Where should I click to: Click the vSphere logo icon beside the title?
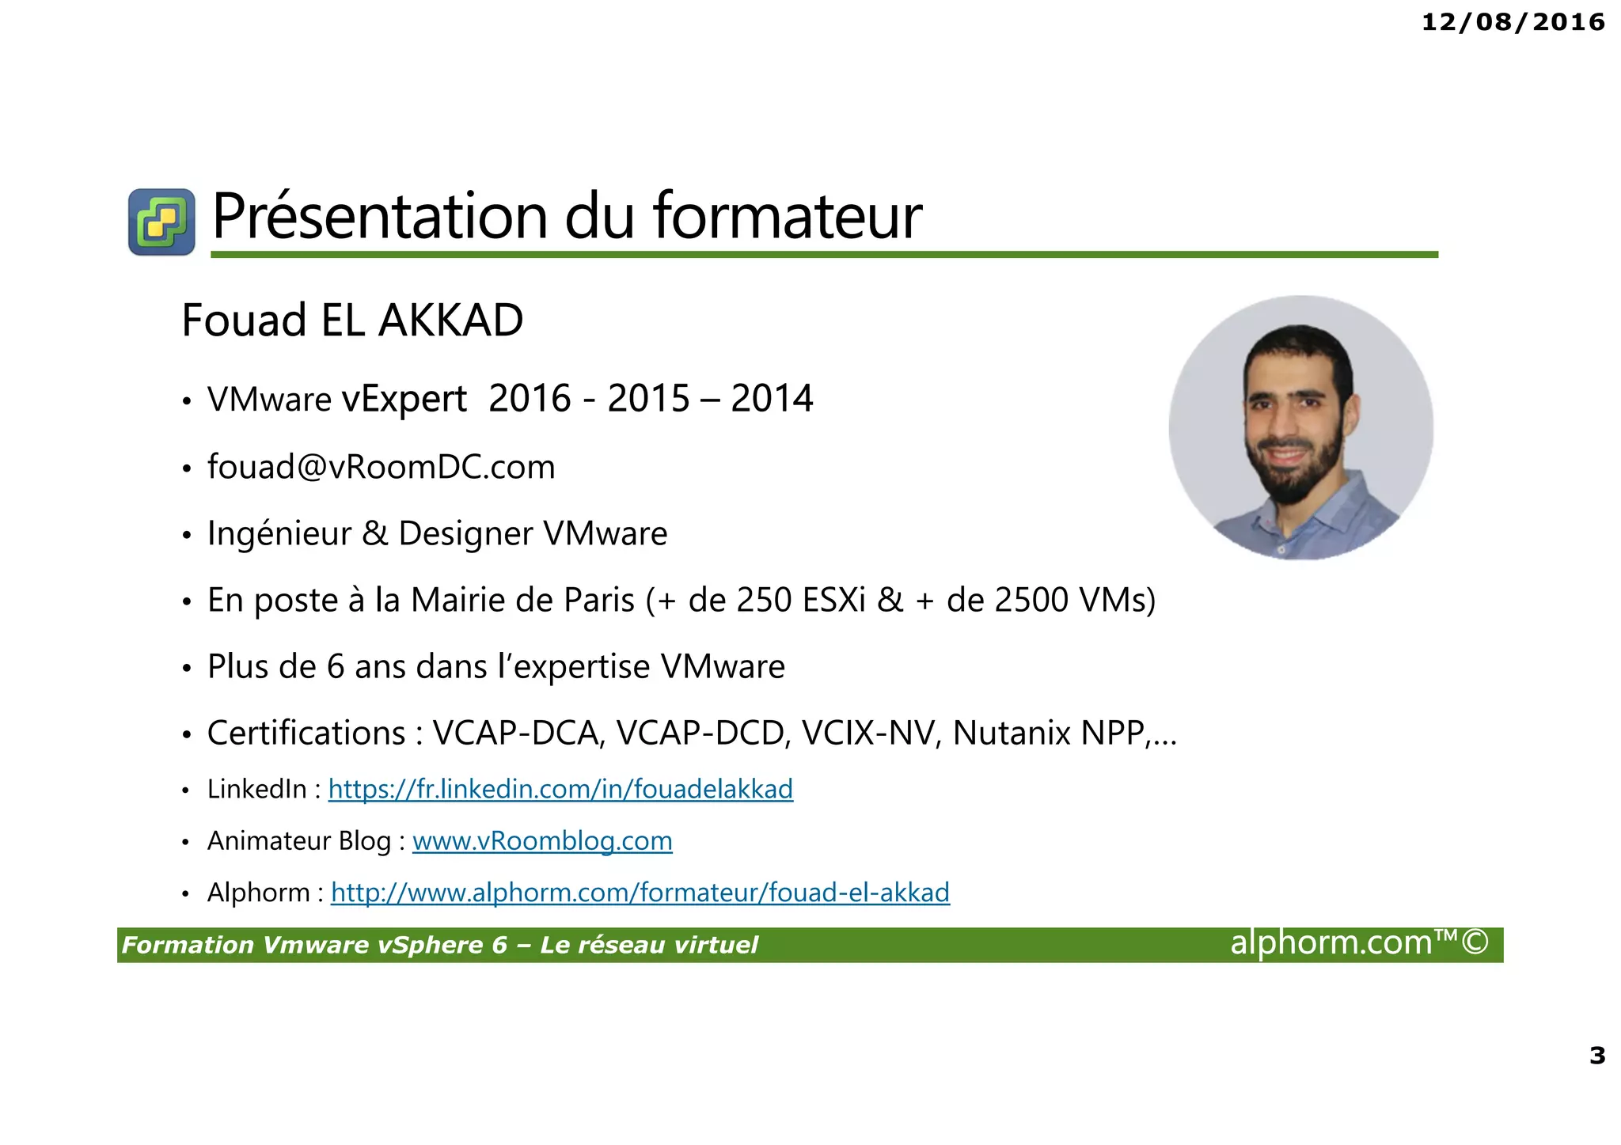(161, 222)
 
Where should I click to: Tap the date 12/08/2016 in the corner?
(1513, 22)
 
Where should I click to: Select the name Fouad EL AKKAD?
(352, 320)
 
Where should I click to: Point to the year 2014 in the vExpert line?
(772, 398)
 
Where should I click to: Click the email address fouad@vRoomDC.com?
(381, 467)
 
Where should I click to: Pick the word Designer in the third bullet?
(465, 533)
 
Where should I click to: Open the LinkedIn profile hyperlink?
(560, 789)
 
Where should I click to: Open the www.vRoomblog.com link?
(542, 840)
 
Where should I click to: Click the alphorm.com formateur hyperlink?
(640, 893)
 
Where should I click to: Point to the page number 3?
(1597, 1056)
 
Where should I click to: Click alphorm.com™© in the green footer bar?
(1359, 943)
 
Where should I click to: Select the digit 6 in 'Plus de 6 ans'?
(336, 667)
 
